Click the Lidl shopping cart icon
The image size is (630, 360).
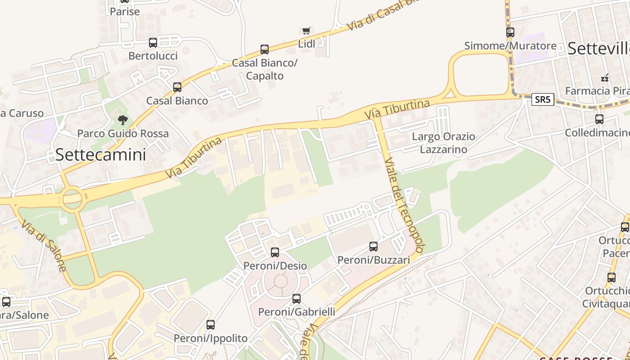[x=306, y=31]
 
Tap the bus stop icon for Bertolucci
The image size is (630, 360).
[x=153, y=43]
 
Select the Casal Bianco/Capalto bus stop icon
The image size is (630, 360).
[x=265, y=49]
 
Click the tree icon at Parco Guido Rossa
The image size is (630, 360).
[x=122, y=120]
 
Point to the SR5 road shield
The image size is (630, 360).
[x=542, y=99]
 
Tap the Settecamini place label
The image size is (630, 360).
[x=101, y=155]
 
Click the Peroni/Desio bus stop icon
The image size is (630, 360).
[x=275, y=252]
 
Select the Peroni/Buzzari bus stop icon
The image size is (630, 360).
[x=373, y=247]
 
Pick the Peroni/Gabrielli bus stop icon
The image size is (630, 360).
[x=297, y=299]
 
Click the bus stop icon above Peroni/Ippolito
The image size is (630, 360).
[x=211, y=325]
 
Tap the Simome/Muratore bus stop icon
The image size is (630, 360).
[x=510, y=32]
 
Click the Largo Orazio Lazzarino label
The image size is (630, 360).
[x=444, y=143]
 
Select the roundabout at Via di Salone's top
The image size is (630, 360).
[x=72, y=198]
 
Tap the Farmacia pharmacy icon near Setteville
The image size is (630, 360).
[x=605, y=78]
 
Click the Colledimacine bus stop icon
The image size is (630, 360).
[x=599, y=119]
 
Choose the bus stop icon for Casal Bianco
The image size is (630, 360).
[x=177, y=87]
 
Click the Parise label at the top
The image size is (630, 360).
[x=125, y=11]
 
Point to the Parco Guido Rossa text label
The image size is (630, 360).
[x=123, y=134]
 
